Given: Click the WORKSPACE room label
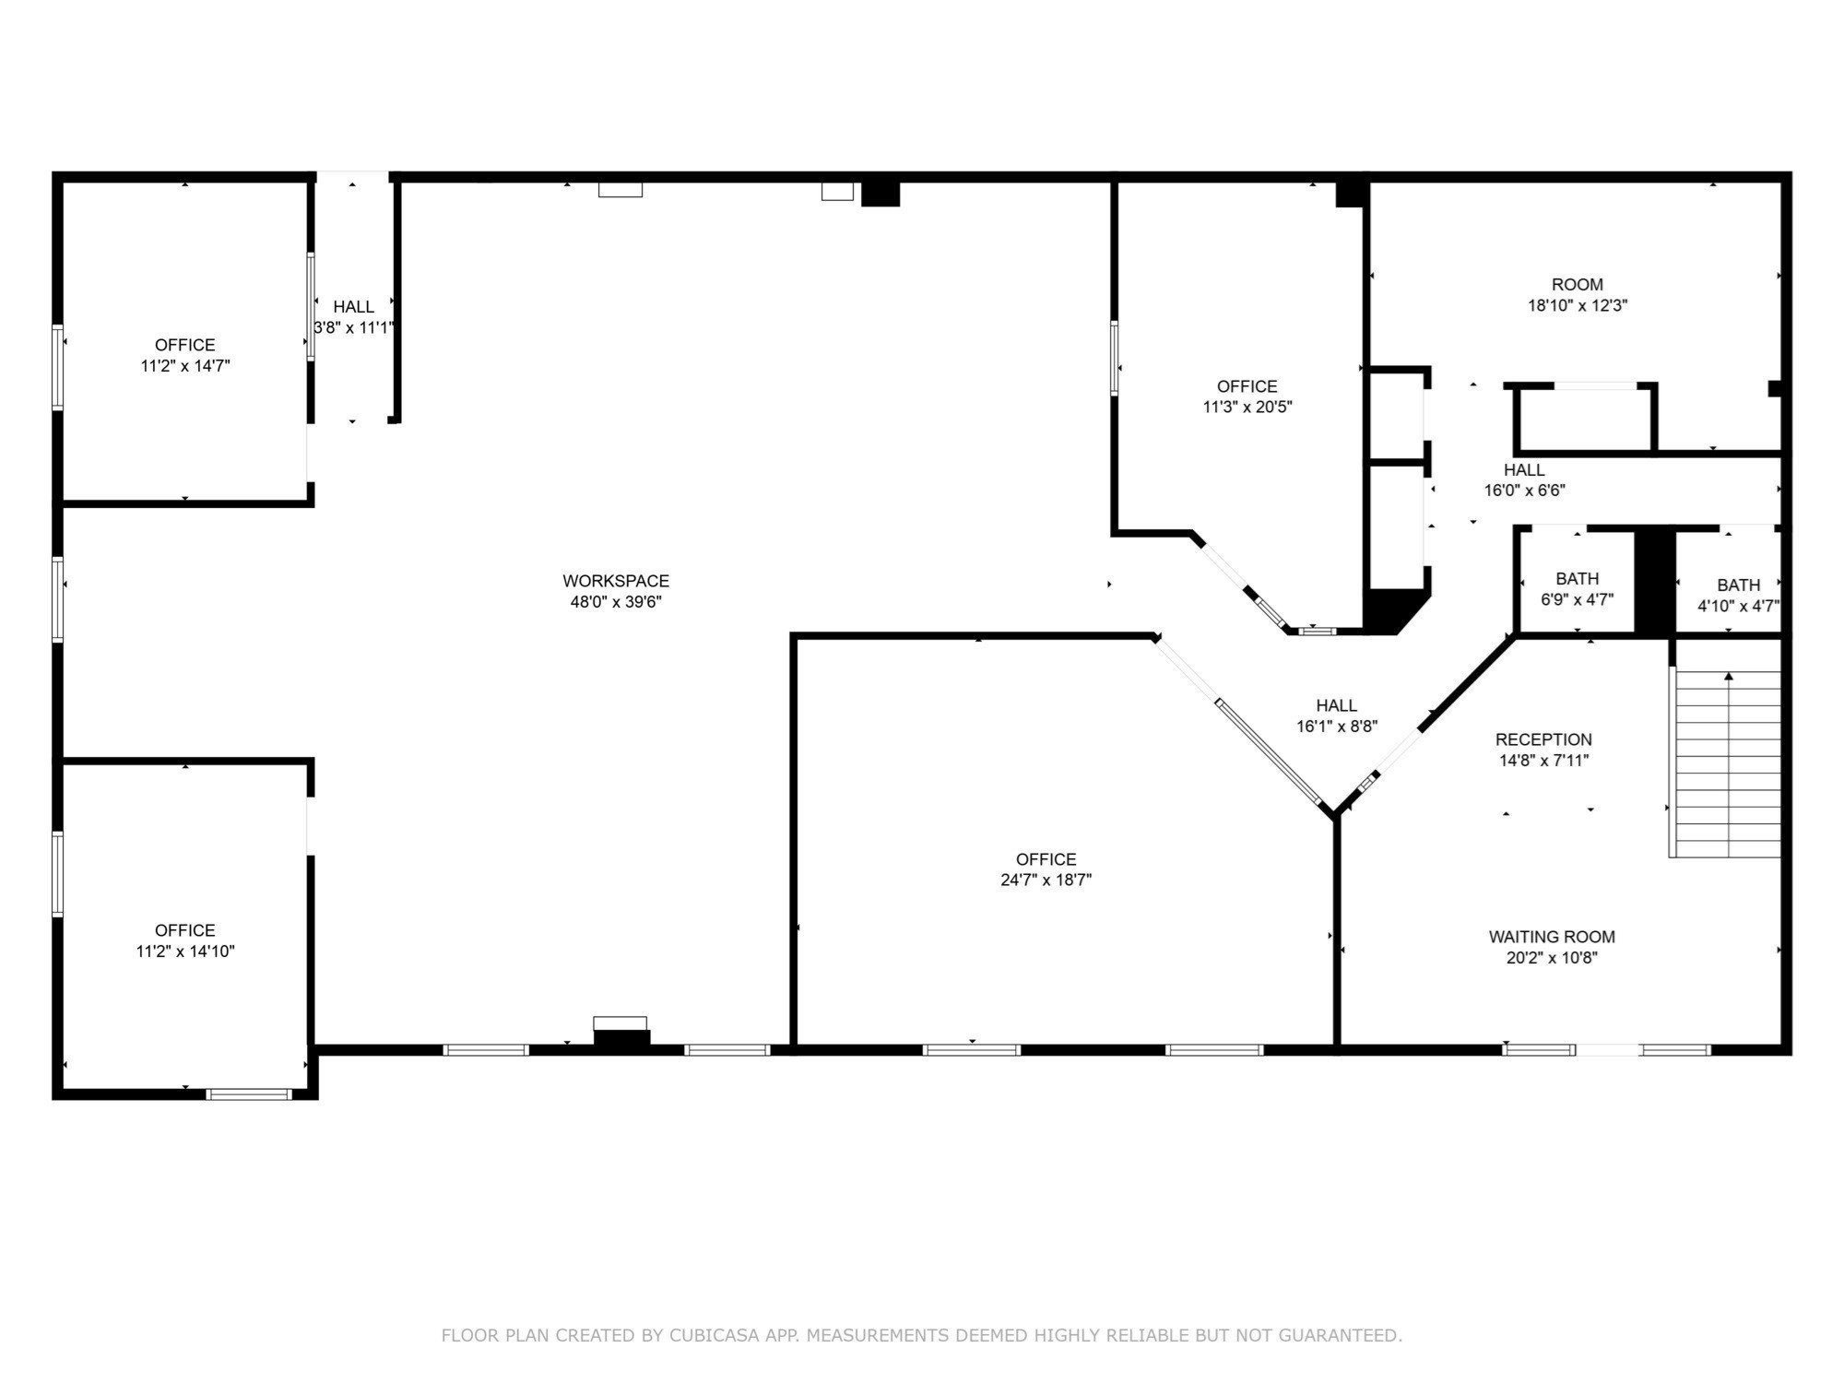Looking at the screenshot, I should click(x=616, y=581).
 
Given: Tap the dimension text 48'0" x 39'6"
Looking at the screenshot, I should click(x=616, y=602).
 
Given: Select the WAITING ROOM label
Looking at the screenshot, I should click(x=1552, y=937).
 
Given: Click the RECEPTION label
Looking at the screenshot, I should click(x=1543, y=739).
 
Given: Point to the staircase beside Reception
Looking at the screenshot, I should click(x=1726, y=763).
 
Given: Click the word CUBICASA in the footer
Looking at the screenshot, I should click(x=715, y=1335).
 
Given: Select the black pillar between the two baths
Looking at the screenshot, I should click(x=1654, y=581).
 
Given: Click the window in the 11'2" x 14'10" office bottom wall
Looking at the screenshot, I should click(x=248, y=1094).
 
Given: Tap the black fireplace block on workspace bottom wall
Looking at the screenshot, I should click(x=621, y=1038).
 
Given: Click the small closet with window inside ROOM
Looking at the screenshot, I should click(x=1584, y=420).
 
